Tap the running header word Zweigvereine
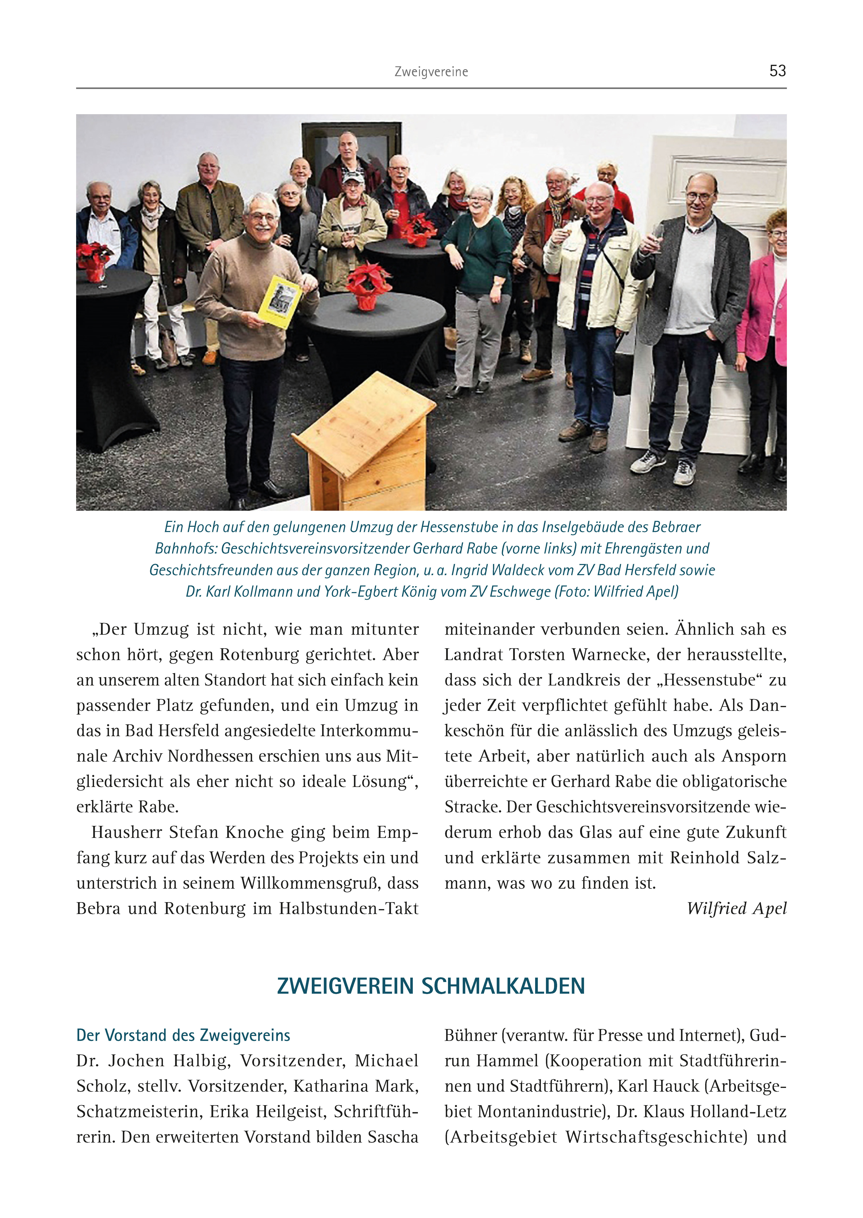pos(431,72)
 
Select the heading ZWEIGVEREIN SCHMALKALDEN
pos(431,986)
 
